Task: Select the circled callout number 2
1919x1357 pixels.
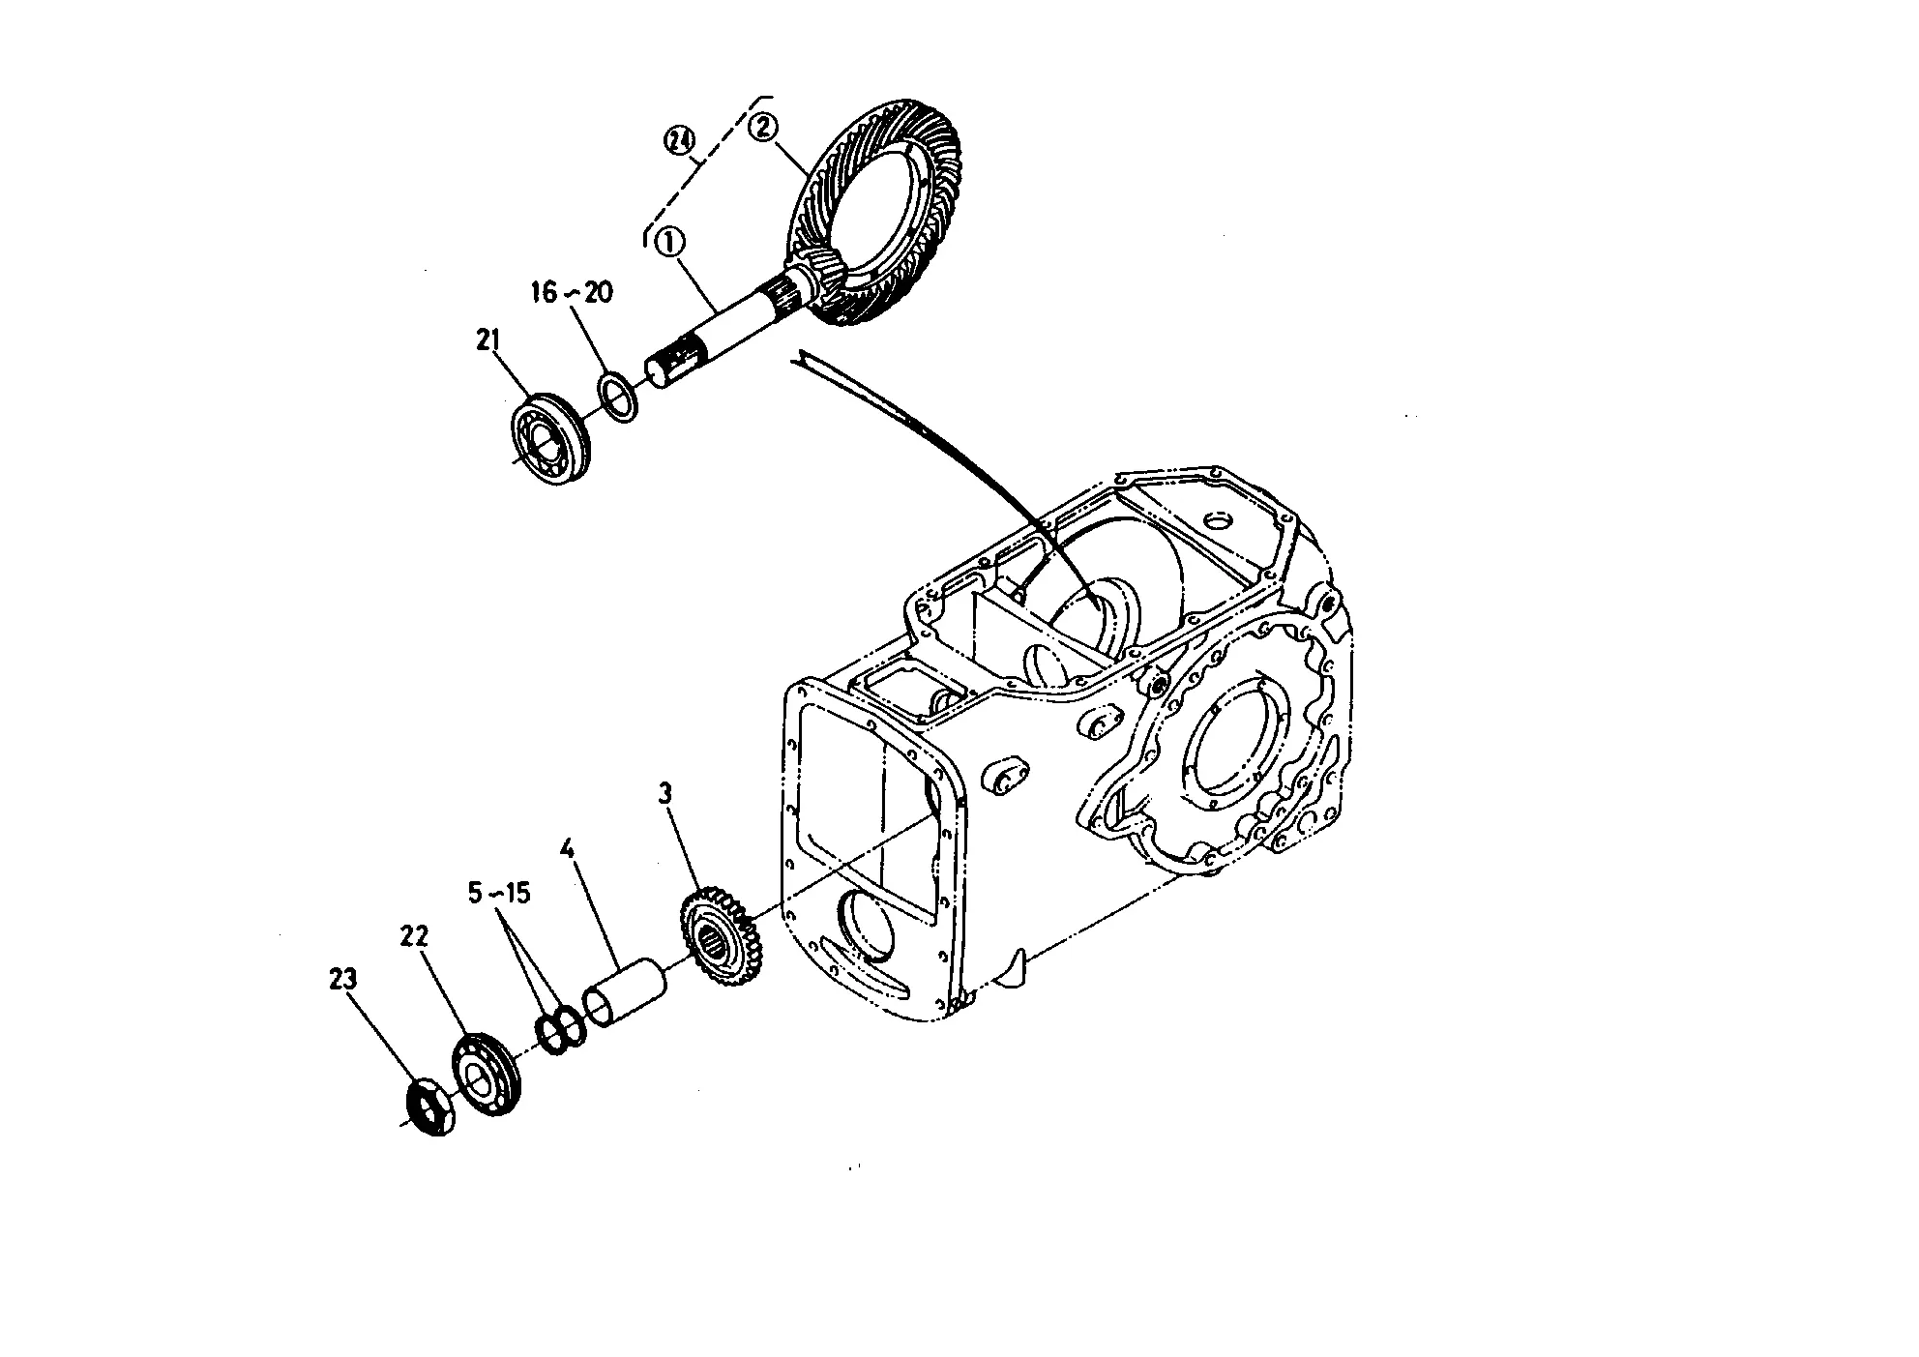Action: click(764, 127)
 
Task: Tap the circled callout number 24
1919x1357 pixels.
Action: click(680, 141)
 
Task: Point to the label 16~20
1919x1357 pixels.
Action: click(571, 291)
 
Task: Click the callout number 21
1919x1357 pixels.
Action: click(487, 339)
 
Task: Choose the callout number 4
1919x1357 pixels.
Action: click(568, 850)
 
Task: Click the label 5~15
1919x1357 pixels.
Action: click(499, 893)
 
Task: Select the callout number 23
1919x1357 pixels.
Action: click(342, 979)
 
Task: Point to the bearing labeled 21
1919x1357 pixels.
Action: click(549, 440)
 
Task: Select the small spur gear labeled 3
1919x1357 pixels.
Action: click(722, 935)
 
